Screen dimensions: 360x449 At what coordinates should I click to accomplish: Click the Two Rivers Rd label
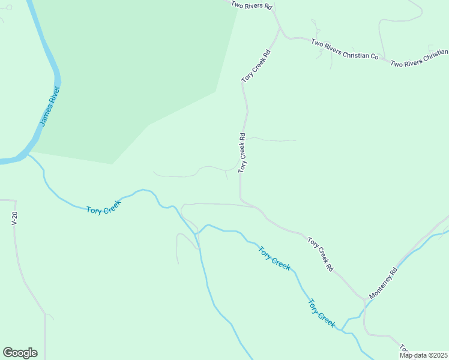pos(252,5)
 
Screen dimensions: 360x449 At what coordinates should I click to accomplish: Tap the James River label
pos(50,106)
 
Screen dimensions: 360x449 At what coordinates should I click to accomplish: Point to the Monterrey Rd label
pos(384,283)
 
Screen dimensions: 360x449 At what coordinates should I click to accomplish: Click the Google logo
pos(20,353)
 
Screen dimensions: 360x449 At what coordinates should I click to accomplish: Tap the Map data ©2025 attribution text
pos(423,355)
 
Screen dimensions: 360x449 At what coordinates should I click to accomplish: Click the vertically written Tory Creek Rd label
pos(243,153)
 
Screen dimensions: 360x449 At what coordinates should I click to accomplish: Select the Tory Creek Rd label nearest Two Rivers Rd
pos(256,66)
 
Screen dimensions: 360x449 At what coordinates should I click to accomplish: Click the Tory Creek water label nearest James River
pos(104,207)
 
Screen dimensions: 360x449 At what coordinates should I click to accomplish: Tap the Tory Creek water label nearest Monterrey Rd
pos(322,313)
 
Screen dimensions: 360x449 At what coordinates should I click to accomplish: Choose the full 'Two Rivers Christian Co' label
pos(345,49)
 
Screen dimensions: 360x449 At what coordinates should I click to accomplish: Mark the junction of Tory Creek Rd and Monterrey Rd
pos(364,298)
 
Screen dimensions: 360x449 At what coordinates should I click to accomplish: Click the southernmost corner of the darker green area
pos(112,164)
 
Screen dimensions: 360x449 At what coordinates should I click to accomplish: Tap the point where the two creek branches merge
pos(197,233)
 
